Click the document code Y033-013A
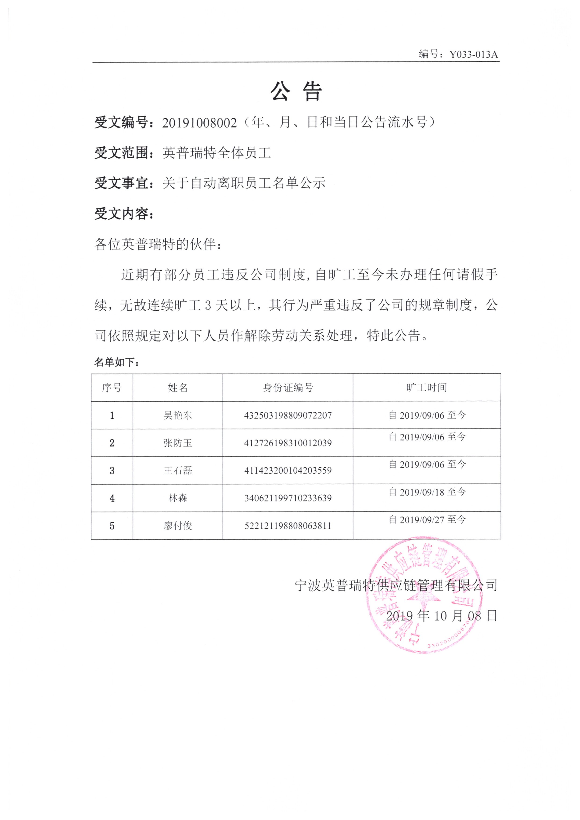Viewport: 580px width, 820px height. (x=473, y=54)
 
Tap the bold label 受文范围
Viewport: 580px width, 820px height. (x=121, y=153)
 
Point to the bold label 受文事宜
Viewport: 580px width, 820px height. (x=121, y=183)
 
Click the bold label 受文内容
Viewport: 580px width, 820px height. (x=121, y=214)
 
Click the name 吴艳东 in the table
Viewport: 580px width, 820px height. (x=178, y=415)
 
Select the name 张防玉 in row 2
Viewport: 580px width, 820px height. (x=178, y=443)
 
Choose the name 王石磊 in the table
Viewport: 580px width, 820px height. (x=178, y=471)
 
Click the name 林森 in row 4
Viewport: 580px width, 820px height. (x=178, y=498)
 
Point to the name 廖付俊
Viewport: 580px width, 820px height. (x=178, y=526)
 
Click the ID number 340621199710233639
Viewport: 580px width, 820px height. (x=288, y=498)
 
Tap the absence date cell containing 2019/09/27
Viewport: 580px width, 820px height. (x=427, y=520)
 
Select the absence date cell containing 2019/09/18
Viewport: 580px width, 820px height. (x=427, y=492)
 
